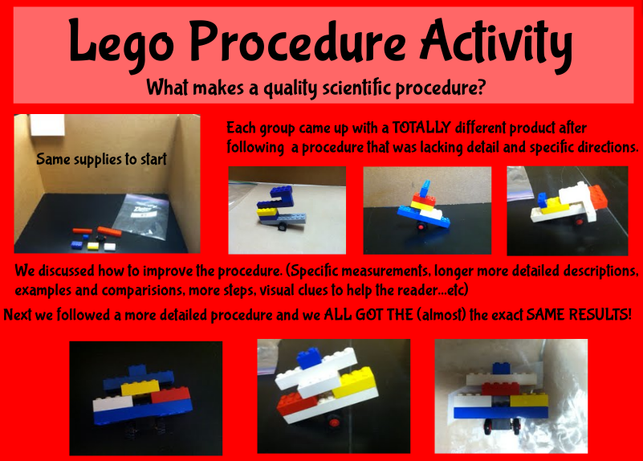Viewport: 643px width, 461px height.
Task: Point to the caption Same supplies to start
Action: pyautogui.click(x=101, y=160)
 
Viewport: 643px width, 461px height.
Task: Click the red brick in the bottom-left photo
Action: pyautogui.click(x=169, y=395)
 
